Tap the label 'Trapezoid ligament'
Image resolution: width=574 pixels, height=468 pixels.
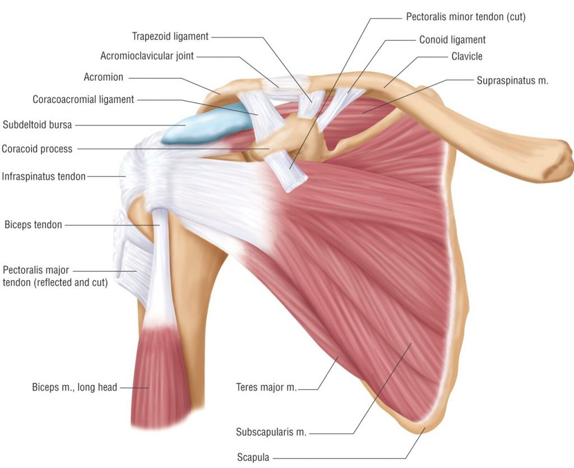pyautogui.click(x=170, y=36)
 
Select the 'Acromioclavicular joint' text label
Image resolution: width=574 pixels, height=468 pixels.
pyautogui.click(x=147, y=56)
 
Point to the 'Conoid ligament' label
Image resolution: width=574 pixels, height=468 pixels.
pyautogui.click(x=452, y=40)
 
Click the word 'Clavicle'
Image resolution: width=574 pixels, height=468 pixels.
pyautogui.click(x=467, y=57)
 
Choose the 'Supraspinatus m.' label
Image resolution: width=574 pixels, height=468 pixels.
pyautogui.click(x=512, y=81)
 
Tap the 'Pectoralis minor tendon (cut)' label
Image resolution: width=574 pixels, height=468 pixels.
pyautogui.click(x=466, y=17)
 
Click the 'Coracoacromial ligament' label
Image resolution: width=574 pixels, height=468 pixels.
pyautogui.click(x=84, y=100)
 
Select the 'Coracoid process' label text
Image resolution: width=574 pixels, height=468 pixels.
pyautogui.click(x=37, y=149)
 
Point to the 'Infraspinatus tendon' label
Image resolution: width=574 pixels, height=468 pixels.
pyautogui.click(x=44, y=177)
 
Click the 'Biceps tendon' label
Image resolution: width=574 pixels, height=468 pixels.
pyautogui.click(x=33, y=224)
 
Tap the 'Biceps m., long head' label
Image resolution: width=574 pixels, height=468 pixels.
pyautogui.click(x=75, y=387)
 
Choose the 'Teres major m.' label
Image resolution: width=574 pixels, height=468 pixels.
pyautogui.click(x=266, y=387)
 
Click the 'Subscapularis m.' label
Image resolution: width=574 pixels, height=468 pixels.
pyautogui.click(x=271, y=432)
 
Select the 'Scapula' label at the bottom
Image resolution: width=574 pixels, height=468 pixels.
pyautogui.click(x=253, y=457)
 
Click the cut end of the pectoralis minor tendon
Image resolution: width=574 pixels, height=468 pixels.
pyautogui.click(x=296, y=184)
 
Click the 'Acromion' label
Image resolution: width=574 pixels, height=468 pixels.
pyautogui.click(x=104, y=77)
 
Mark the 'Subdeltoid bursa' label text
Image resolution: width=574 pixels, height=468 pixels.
pyautogui.click(x=38, y=125)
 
